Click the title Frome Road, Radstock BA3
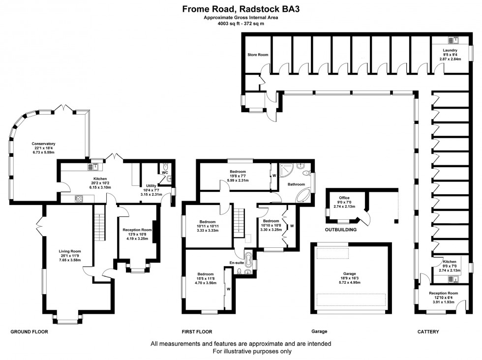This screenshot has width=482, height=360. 241,8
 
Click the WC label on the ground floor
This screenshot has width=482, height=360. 165,173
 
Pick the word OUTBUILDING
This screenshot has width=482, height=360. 341,229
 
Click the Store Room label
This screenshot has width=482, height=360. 257,55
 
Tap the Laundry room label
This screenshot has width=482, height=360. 450,50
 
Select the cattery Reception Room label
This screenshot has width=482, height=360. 443,293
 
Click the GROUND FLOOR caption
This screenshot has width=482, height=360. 30,332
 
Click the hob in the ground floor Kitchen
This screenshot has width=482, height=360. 78,199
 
